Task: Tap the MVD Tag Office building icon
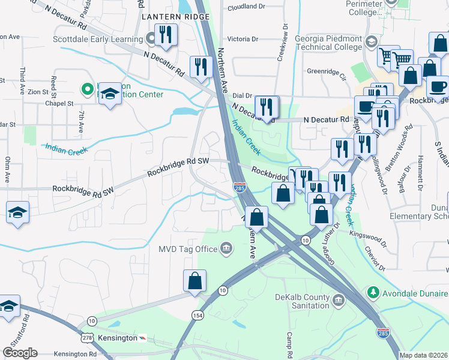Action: tap(226, 248)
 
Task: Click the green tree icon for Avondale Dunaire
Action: tap(373, 293)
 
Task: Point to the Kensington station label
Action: tap(118, 338)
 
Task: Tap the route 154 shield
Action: tap(197, 315)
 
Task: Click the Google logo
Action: tap(20, 353)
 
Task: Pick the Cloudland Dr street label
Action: tap(246, 8)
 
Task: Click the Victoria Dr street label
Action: tap(243, 39)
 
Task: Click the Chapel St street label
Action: tap(59, 103)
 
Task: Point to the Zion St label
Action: tap(37, 92)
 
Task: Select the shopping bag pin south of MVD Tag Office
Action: tap(195, 281)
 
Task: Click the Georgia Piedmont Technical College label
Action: tap(328, 43)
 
